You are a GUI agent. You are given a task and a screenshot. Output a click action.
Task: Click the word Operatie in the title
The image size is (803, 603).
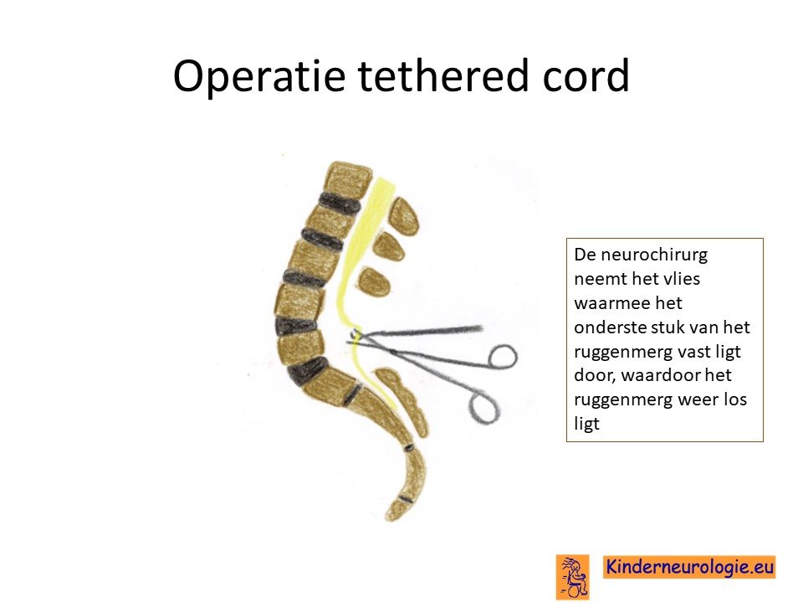click(x=259, y=76)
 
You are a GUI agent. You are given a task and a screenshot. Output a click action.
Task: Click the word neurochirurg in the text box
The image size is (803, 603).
click(x=641, y=255)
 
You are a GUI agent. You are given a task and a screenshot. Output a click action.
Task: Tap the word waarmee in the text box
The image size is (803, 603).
click(x=605, y=303)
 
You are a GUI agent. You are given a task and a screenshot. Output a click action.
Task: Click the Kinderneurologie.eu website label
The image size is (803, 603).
click(x=689, y=567)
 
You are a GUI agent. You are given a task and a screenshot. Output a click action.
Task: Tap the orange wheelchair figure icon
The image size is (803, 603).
click(x=572, y=577)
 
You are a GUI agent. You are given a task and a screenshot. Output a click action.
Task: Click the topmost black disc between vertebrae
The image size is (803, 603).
click(x=339, y=204)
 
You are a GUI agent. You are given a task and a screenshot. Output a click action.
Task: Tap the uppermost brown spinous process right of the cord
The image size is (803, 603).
click(x=403, y=216)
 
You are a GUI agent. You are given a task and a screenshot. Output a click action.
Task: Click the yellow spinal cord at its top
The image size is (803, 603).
click(x=384, y=183)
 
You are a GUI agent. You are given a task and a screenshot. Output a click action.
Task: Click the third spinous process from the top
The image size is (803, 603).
click(x=375, y=281)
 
